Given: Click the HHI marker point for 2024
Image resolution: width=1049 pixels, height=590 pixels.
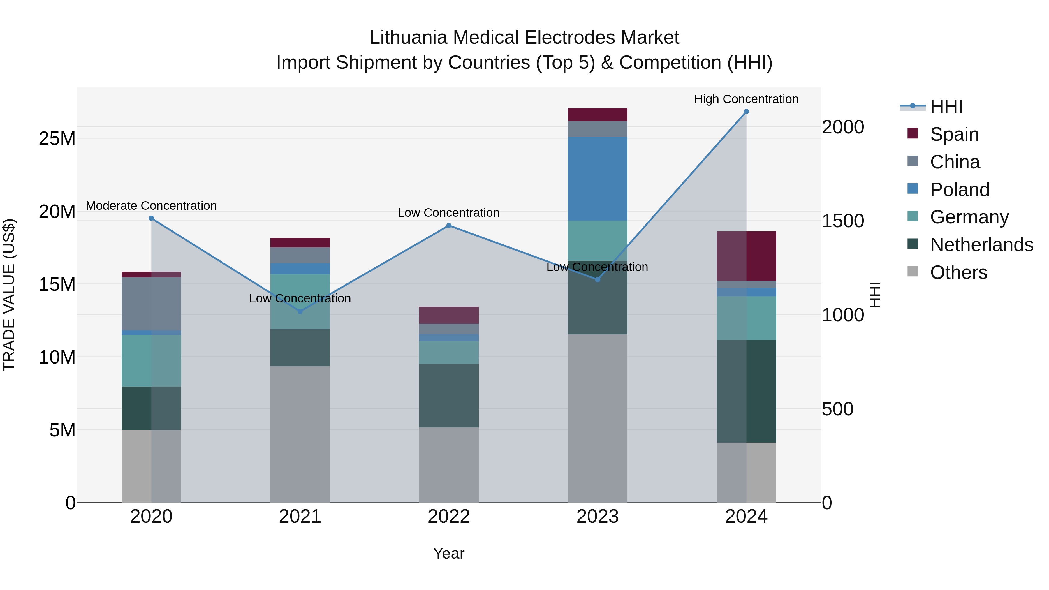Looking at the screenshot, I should point(746,112).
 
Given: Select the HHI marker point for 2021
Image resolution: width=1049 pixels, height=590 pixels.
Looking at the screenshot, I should point(300,311).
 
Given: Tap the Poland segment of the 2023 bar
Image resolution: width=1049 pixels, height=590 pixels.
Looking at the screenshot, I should point(597,179).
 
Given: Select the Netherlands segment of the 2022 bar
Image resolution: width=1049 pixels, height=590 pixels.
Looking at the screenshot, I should point(449,395).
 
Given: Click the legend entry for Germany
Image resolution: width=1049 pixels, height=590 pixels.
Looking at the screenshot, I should point(969,217).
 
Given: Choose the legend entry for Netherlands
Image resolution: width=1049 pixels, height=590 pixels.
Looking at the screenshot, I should point(981,245).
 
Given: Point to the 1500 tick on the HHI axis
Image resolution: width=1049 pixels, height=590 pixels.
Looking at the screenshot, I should point(842,221).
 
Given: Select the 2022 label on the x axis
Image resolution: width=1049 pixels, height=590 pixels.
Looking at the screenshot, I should point(449,517).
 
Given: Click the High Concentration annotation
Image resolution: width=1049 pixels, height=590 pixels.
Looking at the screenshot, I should point(746,99).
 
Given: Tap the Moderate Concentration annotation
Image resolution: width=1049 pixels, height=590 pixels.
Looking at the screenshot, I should point(151,206).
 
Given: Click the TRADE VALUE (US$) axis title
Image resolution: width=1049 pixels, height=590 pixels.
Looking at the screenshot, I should point(9,295).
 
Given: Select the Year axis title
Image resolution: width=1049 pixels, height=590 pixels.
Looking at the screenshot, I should point(449,553).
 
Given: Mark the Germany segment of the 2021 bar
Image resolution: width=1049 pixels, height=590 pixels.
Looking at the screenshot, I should point(300,301).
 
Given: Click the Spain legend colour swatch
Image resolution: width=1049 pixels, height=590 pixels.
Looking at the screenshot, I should point(913,133).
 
